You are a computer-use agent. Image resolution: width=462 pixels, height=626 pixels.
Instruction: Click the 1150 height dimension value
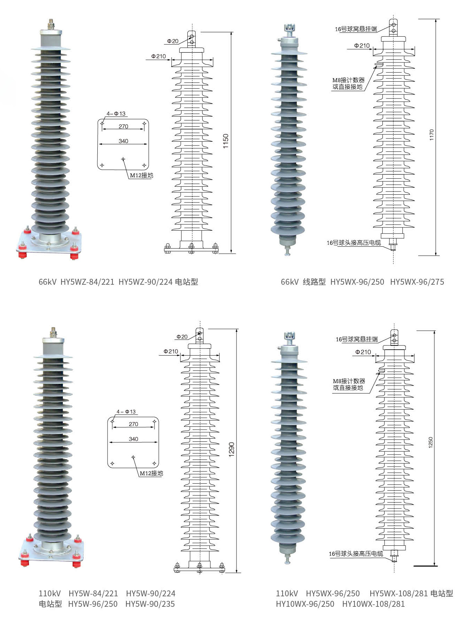pyautogui.click(x=225, y=141)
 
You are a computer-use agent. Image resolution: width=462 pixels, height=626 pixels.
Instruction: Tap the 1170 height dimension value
pyautogui.click(x=432, y=135)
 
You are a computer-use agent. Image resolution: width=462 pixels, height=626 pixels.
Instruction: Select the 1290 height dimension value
pyautogui.click(x=231, y=449)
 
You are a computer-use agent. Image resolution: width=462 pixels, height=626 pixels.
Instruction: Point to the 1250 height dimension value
pyautogui.click(x=431, y=442)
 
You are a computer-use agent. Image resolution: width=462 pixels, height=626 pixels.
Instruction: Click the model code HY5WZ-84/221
pyautogui.click(x=87, y=282)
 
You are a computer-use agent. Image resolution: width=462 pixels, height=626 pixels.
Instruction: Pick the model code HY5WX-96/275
pyautogui.click(x=417, y=282)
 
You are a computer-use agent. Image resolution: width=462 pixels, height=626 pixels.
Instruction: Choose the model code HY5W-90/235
pyautogui.click(x=150, y=604)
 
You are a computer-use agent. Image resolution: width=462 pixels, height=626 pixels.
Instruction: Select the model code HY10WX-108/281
pyautogui.click(x=373, y=604)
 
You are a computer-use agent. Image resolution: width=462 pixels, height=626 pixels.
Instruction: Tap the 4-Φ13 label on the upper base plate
pyautogui.click(x=116, y=114)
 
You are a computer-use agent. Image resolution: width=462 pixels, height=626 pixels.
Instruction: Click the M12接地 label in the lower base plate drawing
pyautogui.click(x=151, y=473)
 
